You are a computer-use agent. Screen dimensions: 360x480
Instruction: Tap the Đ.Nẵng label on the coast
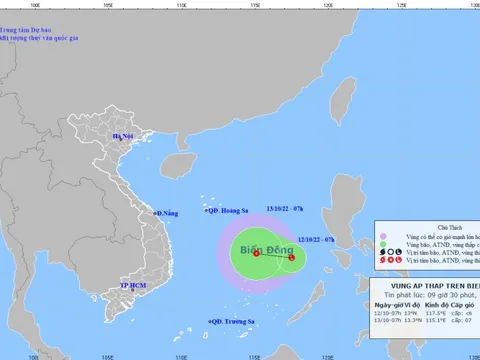coord(166,213)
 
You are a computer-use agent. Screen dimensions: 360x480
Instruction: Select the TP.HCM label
coord(134,285)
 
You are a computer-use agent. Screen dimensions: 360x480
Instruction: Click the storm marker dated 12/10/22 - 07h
coord(291,259)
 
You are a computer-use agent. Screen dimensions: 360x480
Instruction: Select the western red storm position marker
coord(256,253)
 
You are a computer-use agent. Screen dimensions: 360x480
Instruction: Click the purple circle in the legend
coord(381,240)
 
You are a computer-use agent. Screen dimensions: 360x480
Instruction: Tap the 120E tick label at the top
coord(328,5)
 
